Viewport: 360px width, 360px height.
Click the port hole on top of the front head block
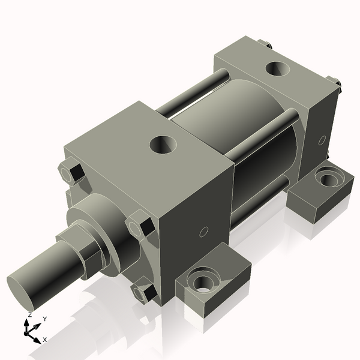pyautogui.click(x=162, y=143)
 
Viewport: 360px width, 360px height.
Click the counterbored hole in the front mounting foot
pyautogui.click(x=203, y=280)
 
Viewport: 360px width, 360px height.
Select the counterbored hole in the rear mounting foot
pyautogui.click(x=327, y=178)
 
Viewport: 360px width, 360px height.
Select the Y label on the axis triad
pyautogui.click(x=45, y=319)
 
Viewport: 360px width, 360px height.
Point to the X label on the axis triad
pyautogui.click(x=45, y=340)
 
